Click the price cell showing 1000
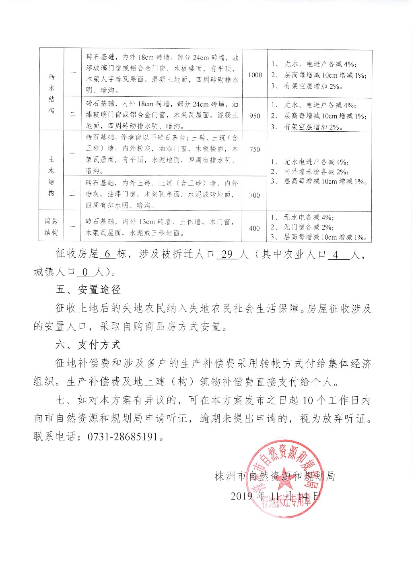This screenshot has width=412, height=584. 255,75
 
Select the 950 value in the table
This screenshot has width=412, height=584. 255,116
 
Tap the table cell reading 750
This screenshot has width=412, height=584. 255,149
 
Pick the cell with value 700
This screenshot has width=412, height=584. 255,195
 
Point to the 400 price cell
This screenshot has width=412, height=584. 254,228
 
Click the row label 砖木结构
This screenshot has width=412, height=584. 51,93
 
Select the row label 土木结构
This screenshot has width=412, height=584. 51,176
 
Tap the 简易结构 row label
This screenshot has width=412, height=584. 51,227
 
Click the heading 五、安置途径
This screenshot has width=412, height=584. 88,290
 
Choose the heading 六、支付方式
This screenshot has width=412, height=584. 88,345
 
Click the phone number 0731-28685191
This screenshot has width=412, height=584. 122,437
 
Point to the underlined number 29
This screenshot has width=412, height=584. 227,255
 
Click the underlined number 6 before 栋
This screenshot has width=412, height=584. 107,255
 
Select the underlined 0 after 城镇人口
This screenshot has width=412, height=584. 85,272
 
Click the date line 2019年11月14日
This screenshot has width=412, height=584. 276,495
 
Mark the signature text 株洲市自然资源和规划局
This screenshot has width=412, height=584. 275,476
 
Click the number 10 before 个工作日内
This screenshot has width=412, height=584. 307,401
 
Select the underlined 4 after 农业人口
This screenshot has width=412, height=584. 336,255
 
